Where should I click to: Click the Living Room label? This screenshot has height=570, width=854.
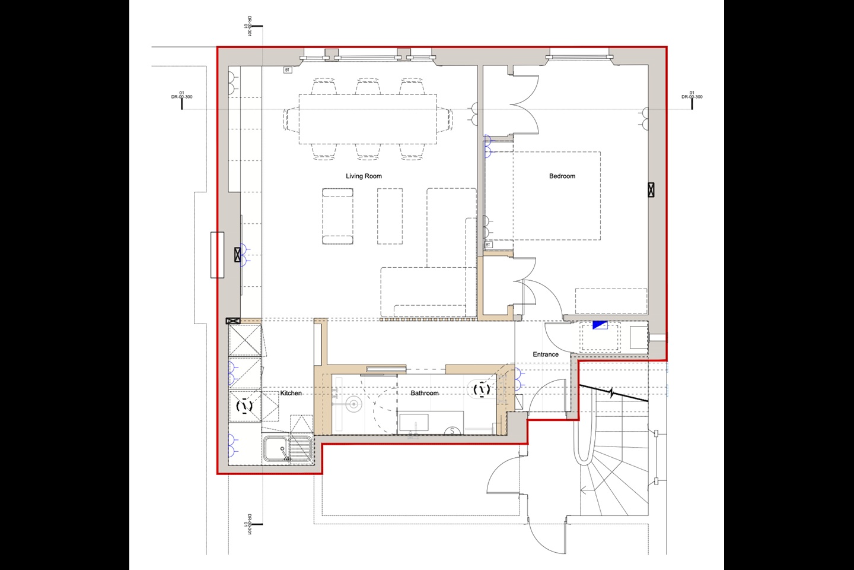[364, 176]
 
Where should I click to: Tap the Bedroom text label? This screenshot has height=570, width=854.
[562, 176]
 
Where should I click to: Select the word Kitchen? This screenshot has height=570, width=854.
[291, 393]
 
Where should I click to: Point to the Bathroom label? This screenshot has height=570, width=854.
[425, 393]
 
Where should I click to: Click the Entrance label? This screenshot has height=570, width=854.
[545, 354]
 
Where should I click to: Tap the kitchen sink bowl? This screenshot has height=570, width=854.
[275, 449]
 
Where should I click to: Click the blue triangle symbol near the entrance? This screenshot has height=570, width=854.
[600, 325]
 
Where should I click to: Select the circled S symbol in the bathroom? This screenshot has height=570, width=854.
[453, 431]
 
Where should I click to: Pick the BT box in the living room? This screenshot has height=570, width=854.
[288, 70]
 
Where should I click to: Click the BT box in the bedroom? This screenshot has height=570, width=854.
[488, 245]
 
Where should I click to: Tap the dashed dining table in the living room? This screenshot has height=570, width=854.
[368, 119]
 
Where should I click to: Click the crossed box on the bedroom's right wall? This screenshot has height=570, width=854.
[651, 190]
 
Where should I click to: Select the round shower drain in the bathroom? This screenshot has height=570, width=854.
[353, 405]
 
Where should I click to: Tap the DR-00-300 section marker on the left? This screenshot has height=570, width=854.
[181, 97]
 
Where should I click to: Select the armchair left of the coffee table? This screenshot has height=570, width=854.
[337, 217]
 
